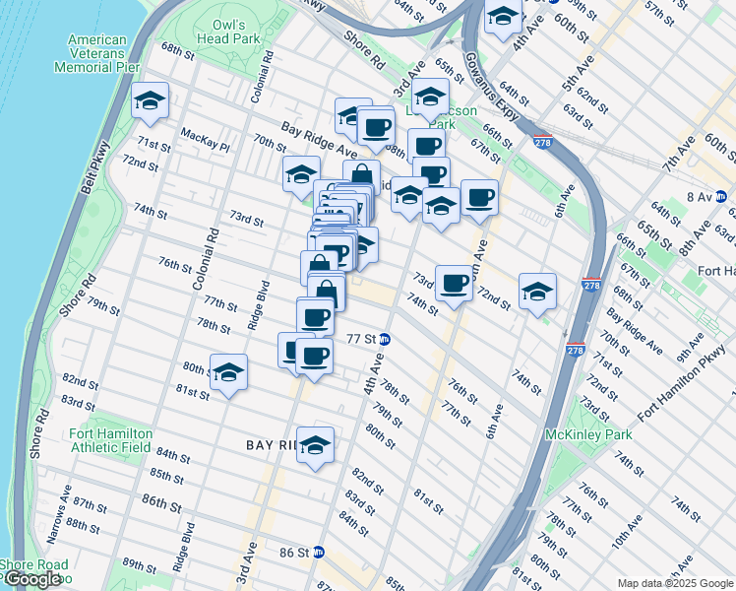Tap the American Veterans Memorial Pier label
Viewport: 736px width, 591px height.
click(96, 54)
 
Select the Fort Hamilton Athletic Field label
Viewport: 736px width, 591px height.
click(110, 439)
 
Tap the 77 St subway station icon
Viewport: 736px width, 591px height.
click(387, 340)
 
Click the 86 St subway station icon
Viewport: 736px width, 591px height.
click(319, 553)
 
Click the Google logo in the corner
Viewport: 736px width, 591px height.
click(31, 579)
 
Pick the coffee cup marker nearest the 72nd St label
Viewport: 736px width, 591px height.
click(454, 284)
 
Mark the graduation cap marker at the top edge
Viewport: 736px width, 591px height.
click(503, 17)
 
